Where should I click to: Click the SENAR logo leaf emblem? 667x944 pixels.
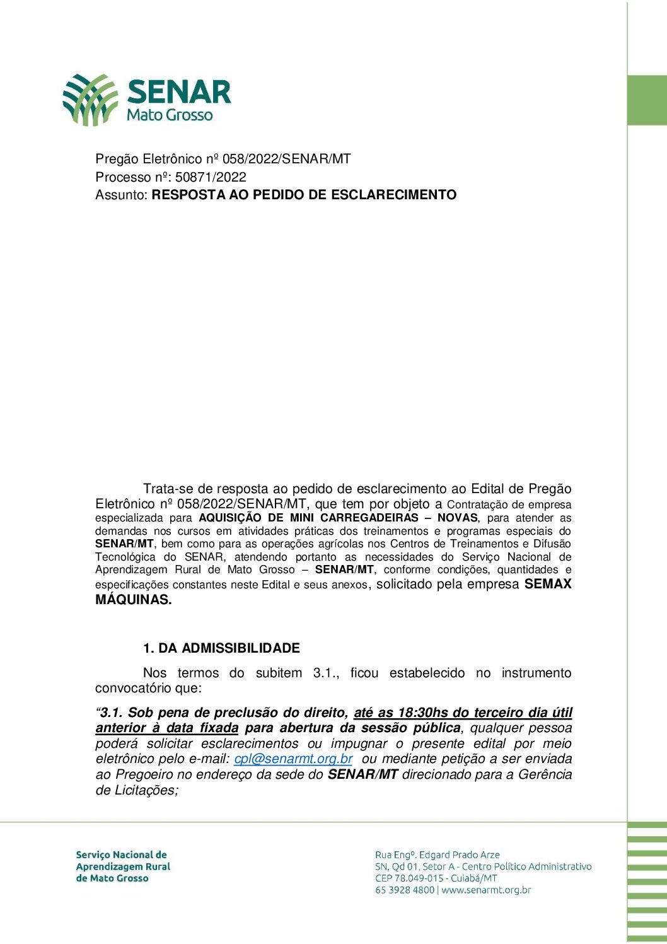[x=90, y=99]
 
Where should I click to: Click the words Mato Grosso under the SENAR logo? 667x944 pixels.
[x=170, y=115]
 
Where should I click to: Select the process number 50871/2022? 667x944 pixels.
[x=211, y=177]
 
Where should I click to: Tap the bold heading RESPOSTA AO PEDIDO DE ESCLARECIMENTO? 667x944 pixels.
[x=304, y=195]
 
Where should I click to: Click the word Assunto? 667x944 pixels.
[x=120, y=195]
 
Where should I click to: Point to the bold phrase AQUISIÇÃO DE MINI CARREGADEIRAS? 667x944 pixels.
[x=308, y=518]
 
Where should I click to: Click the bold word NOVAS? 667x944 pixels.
[x=457, y=518]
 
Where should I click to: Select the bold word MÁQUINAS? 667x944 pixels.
[x=133, y=600]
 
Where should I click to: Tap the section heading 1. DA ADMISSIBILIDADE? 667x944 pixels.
[x=221, y=648]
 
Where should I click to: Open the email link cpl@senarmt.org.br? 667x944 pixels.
[x=293, y=759]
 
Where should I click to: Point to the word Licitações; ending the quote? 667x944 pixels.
[x=146, y=790]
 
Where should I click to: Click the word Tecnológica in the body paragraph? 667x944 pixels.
[x=125, y=557]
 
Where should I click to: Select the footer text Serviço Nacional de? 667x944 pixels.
[x=121, y=855]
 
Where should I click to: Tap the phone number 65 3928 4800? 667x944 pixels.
[x=405, y=890]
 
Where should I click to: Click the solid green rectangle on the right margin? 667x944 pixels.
[x=647, y=100]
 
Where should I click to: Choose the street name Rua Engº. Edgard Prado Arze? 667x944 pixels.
[x=437, y=855]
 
